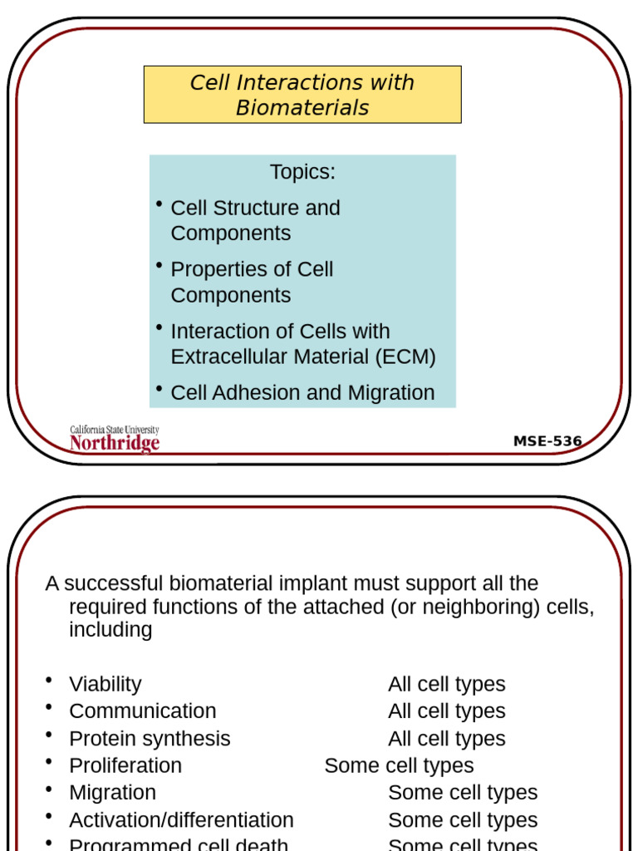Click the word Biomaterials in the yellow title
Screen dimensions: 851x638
302,108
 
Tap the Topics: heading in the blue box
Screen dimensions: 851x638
302,172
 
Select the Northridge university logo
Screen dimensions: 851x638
114,440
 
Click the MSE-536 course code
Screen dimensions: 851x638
547,441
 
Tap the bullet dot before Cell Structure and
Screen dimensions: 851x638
159,204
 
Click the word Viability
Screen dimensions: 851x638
105,685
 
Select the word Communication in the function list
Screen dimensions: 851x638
142,711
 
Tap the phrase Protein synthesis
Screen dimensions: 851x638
150,739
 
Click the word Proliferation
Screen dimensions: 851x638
125,765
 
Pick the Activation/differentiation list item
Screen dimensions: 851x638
181,820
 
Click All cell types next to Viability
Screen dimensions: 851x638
446,685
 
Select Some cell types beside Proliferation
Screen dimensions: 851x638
399,765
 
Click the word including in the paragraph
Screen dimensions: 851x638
110,630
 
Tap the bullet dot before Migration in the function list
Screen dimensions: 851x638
51,790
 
